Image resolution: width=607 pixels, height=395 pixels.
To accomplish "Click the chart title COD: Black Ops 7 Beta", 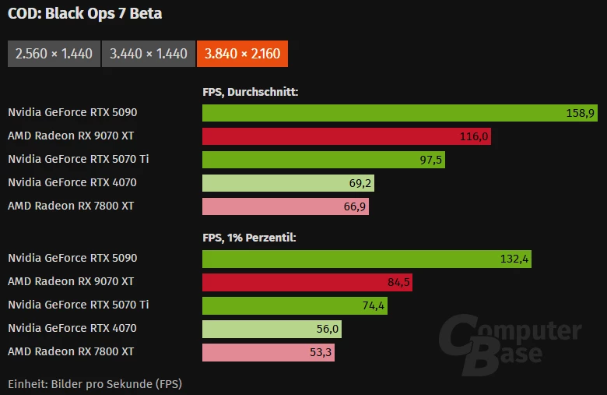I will pyautogui.click(x=85, y=14).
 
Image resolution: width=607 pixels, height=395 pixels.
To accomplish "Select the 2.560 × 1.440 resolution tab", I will pyautogui.click(x=54, y=54).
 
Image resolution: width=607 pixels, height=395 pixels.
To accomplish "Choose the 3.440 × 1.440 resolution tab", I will pyautogui.click(x=149, y=54).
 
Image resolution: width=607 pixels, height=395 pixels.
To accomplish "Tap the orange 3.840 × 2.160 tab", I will pyautogui.click(x=243, y=54).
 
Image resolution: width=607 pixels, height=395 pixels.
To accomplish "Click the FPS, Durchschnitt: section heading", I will pyautogui.click(x=251, y=92).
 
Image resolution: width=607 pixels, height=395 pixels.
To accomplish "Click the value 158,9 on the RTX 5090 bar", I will pyautogui.click(x=581, y=113).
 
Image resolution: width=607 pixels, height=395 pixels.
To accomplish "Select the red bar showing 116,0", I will pyautogui.click(x=346, y=136).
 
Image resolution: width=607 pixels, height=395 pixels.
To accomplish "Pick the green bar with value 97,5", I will pyautogui.click(x=323, y=160).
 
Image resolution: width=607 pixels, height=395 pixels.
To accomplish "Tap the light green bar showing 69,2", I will pyautogui.click(x=288, y=183).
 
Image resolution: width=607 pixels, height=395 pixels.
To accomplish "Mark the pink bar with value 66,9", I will pyautogui.click(x=285, y=206).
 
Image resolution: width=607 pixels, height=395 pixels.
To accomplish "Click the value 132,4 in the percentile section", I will pyautogui.click(x=514, y=259).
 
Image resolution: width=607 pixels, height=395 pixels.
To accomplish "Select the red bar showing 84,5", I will pyautogui.click(x=307, y=282).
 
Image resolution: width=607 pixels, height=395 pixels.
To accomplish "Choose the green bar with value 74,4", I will pyautogui.click(x=294, y=305).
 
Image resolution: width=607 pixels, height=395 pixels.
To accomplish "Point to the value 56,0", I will pyautogui.click(x=325, y=329).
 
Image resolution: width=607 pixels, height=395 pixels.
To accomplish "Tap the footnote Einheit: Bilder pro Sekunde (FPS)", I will pyautogui.click(x=95, y=383).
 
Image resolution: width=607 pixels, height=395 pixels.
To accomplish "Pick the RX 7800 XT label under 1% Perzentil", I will pyautogui.click(x=70, y=351).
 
